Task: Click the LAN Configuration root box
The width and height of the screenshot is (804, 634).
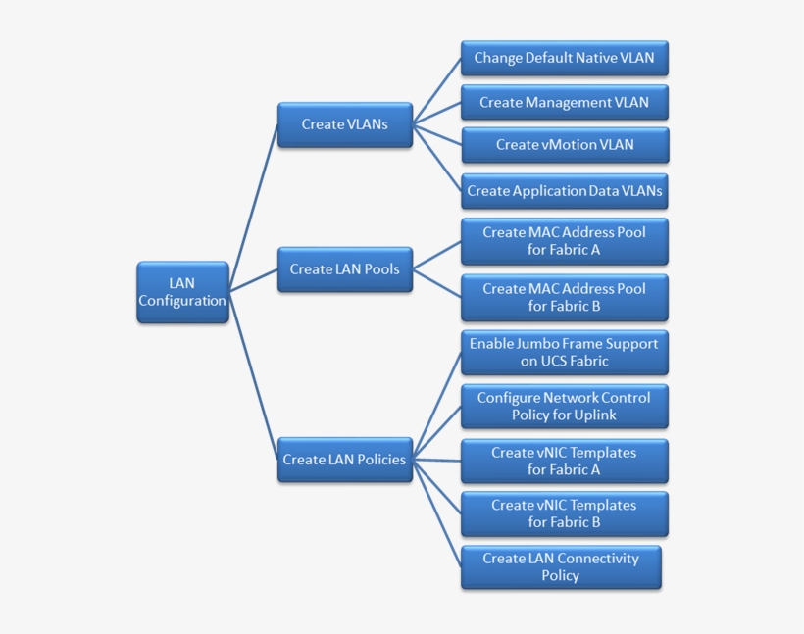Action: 182,292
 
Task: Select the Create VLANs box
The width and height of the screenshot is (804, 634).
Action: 344,124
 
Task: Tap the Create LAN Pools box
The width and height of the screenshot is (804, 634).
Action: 344,269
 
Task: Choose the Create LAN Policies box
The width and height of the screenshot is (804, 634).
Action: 344,460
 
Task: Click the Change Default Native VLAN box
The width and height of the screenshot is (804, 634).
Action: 564,58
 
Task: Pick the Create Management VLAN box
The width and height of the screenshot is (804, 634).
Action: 564,102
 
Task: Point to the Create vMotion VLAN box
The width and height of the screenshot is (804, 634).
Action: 564,145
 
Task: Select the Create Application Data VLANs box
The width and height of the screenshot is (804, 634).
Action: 564,191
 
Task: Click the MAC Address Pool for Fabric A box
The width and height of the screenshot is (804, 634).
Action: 564,241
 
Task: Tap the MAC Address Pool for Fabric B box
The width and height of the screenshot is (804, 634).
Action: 564,298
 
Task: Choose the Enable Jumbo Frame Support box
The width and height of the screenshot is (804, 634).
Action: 564,353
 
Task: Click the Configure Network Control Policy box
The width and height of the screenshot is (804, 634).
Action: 564,407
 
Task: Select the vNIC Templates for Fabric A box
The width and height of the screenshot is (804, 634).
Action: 564,461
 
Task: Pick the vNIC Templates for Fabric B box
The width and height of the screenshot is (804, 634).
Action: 564,513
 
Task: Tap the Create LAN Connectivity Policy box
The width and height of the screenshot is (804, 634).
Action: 561,567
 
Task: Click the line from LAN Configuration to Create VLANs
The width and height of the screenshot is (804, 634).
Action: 253,196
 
